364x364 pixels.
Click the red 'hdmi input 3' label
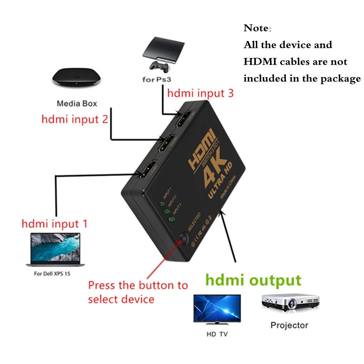200,93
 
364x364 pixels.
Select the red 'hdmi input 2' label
75,120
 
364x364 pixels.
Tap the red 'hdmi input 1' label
54,223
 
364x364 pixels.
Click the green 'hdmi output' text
253,280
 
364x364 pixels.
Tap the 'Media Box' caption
77,104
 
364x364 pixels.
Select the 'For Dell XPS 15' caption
52,273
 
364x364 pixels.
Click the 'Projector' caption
289,325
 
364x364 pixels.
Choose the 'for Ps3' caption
158,79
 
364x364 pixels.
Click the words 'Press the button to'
138,285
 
